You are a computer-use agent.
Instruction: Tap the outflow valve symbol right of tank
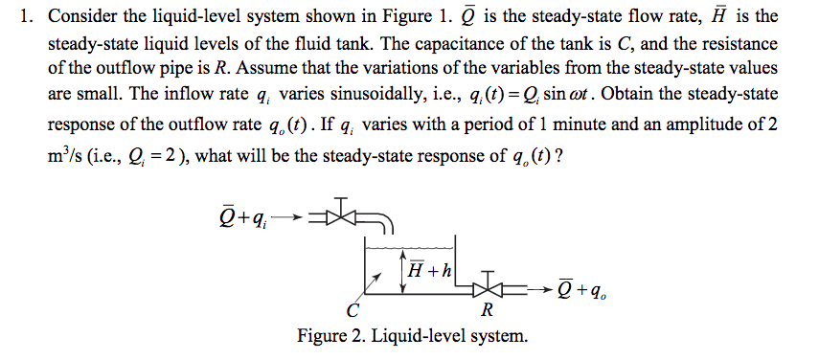(490, 284)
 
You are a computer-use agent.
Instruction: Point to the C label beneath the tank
(353, 310)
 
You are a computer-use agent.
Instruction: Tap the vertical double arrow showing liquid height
(403, 271)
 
